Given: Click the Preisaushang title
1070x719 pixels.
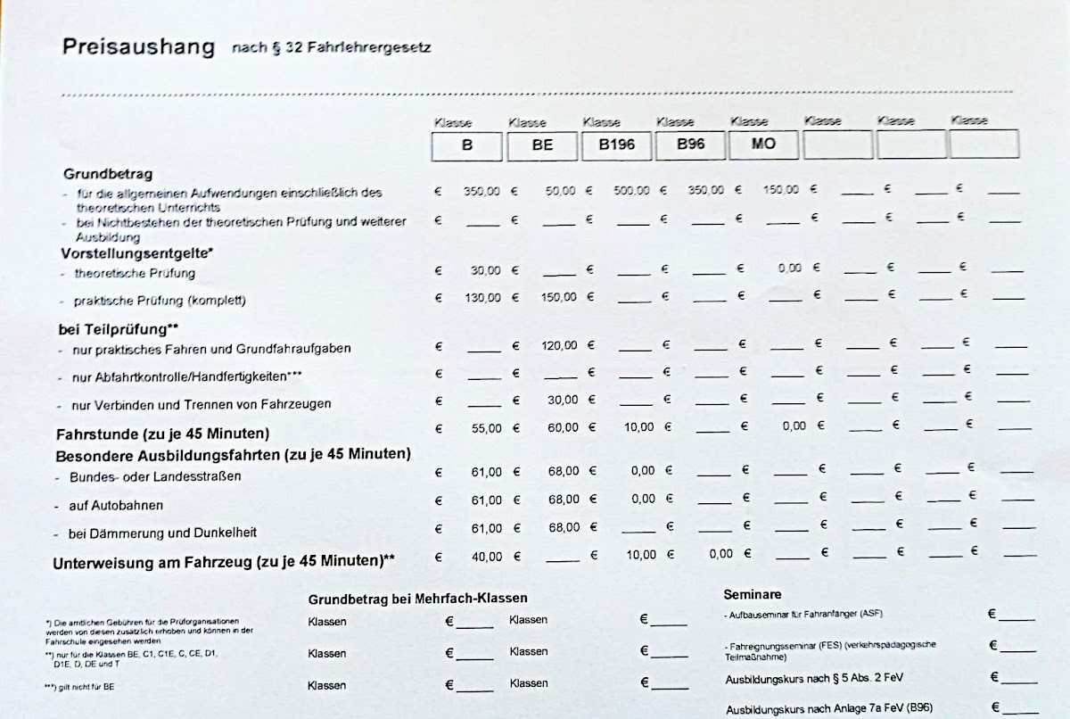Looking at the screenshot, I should point(138,47).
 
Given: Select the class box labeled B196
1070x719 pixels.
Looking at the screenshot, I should point(617,145).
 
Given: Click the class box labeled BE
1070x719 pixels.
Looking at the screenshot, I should point(542,145).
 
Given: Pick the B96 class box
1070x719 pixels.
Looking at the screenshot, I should point(691,144).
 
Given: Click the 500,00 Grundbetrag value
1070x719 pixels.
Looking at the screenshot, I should point(631,191).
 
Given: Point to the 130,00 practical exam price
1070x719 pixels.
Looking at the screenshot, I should point(482,298).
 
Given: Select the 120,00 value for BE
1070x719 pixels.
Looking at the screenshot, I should point(559,345).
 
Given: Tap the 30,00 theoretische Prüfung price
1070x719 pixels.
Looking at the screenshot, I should point(486,270).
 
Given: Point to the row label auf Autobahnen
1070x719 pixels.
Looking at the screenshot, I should point(116,506).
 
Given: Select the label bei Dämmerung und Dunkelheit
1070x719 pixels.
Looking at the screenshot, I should point(162,533).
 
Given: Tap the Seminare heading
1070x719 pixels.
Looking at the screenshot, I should point(752,594).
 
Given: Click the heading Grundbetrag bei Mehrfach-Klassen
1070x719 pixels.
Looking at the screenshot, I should point(417,599).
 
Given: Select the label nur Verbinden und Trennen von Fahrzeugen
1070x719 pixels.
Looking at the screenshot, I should point(201,404).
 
